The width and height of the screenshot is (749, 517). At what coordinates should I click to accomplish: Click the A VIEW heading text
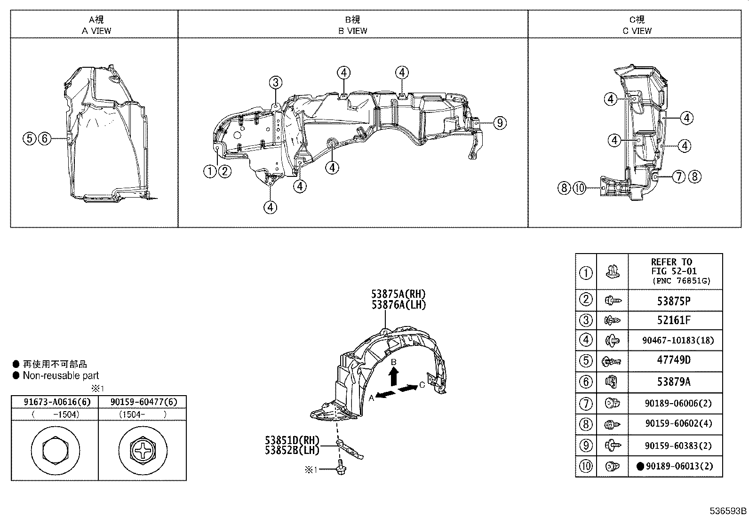96,31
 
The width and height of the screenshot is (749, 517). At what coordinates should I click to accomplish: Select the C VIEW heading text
637,31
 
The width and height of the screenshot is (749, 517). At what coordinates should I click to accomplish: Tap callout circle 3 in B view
276,83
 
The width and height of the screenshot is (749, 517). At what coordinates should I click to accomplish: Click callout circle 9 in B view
500,123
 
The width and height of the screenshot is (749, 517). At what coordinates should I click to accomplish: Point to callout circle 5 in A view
29,138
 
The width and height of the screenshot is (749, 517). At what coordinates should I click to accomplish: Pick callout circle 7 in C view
679,177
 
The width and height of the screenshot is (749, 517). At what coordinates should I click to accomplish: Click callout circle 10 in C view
580,188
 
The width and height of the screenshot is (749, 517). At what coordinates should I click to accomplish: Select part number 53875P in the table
674,301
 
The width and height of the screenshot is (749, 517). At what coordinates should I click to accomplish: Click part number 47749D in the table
674,360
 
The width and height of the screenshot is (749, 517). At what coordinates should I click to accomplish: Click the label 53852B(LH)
292,450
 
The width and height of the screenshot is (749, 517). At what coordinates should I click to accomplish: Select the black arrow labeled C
408,388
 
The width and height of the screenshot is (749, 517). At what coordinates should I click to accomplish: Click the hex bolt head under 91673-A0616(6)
54,450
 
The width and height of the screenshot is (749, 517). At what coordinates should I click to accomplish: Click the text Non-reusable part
61,375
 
